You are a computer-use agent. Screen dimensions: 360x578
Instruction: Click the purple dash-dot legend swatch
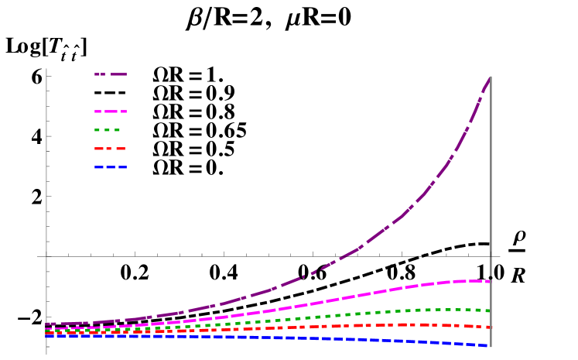(111, 74)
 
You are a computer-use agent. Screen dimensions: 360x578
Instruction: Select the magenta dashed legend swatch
(111, 111)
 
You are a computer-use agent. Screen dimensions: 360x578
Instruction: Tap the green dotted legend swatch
(108, 130)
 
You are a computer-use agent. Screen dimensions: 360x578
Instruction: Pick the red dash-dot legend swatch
(110, 149)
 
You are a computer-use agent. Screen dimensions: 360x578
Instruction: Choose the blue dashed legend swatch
(111, 167)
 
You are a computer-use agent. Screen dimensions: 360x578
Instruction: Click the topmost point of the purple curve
(490, 77)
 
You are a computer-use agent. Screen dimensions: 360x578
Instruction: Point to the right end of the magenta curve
(490, 281)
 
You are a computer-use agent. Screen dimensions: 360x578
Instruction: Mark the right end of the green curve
(490, 310)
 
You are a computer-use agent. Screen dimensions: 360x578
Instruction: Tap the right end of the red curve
(490, 327)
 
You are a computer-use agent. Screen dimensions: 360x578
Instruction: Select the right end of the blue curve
(487, 345)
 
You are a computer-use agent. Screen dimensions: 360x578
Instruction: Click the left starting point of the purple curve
(47, 324)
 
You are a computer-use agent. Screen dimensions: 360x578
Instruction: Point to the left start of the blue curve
(47, 337)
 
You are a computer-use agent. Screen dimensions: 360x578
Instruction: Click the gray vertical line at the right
(491, 194)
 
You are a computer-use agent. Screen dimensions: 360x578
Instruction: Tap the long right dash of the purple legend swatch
(118, 74)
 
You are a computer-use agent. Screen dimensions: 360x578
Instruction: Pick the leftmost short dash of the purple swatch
(96, 74)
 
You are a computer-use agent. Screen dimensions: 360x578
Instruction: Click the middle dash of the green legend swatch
(108, 130)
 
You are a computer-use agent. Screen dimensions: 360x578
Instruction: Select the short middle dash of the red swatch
(110, 149)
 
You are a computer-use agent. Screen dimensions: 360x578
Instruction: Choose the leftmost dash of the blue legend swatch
(98, 167)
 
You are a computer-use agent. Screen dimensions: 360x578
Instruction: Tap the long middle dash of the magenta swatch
(111, 111)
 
